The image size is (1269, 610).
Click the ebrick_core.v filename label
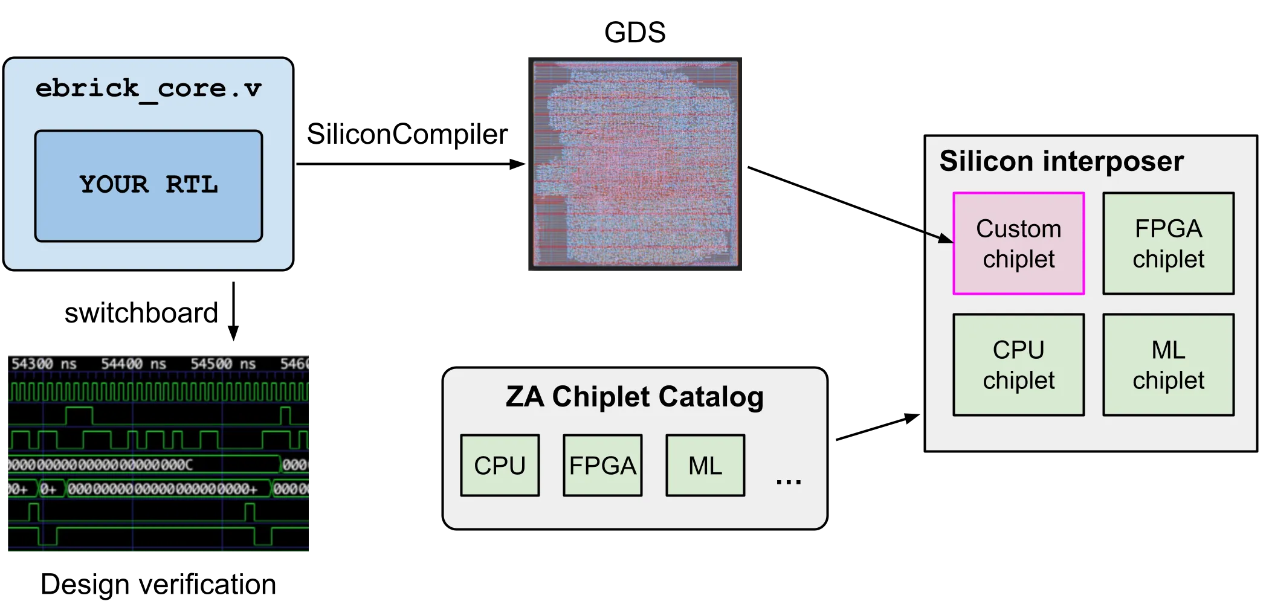(x=148, y=89)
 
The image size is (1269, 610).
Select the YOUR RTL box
(x=149, y=185)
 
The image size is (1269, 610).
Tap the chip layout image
(x=635, y=164)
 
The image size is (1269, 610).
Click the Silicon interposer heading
(x=1061, y=161)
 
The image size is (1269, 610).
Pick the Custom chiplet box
(x=1018, y=243)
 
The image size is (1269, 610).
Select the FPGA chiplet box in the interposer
(x=1168, y=243)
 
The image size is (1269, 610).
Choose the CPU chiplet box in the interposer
(x=1018, y=365)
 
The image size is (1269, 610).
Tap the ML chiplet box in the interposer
(x=1168, y=365)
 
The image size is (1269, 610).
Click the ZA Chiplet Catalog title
(x=634, y=397)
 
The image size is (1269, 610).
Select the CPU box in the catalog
(x=500, y=466)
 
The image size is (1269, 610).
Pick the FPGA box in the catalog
(x=602, y=466)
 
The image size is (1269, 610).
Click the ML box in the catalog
(x=705, y=466)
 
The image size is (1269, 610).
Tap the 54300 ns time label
(x=44, y=364)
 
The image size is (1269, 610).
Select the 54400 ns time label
(x=134, y=364)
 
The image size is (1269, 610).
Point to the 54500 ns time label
(x=223, y=364)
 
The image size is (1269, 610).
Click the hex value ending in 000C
(x=100, y=464)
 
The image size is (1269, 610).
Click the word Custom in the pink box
(x=1018, y=229)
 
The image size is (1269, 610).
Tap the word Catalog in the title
(x=711, y=397)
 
